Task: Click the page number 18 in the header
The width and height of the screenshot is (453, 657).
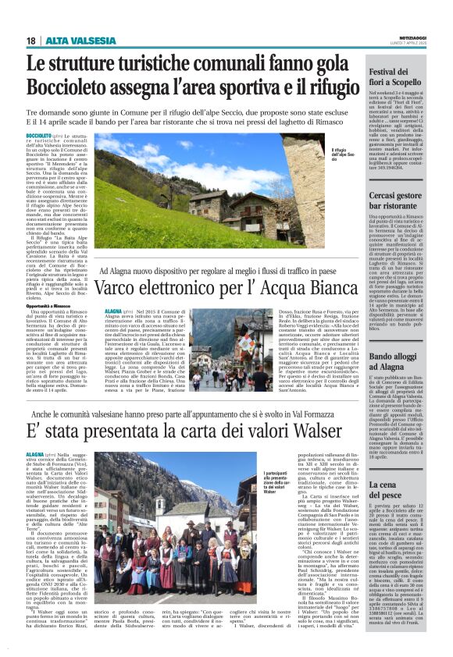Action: [x=31, y=40]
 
